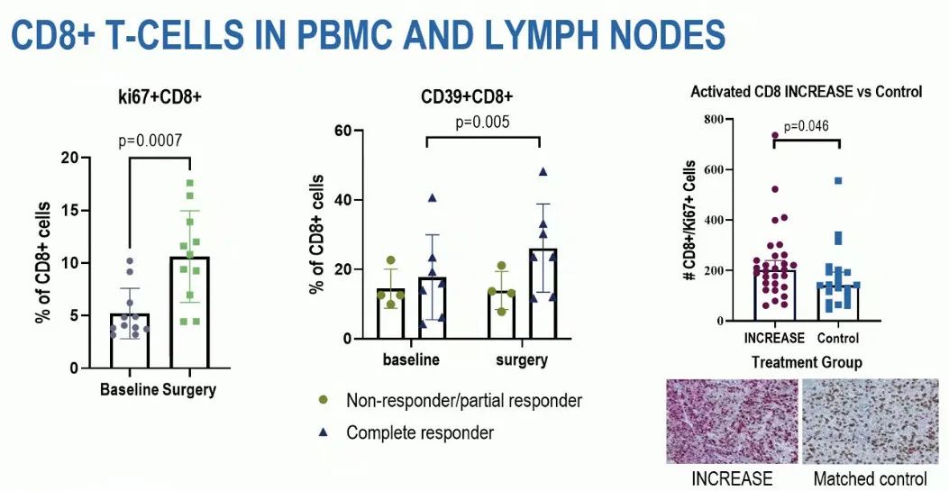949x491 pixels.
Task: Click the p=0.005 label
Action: coord(484,122)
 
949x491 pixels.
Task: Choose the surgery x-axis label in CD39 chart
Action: coord(521,359)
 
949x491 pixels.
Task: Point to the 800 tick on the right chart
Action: coord(714,119)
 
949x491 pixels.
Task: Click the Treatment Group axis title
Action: coord(807,362)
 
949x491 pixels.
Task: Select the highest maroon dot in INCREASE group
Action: coord(773,136)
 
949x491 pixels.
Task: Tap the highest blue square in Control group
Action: coord(837,181)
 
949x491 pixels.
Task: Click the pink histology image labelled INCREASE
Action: coord(731,421)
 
